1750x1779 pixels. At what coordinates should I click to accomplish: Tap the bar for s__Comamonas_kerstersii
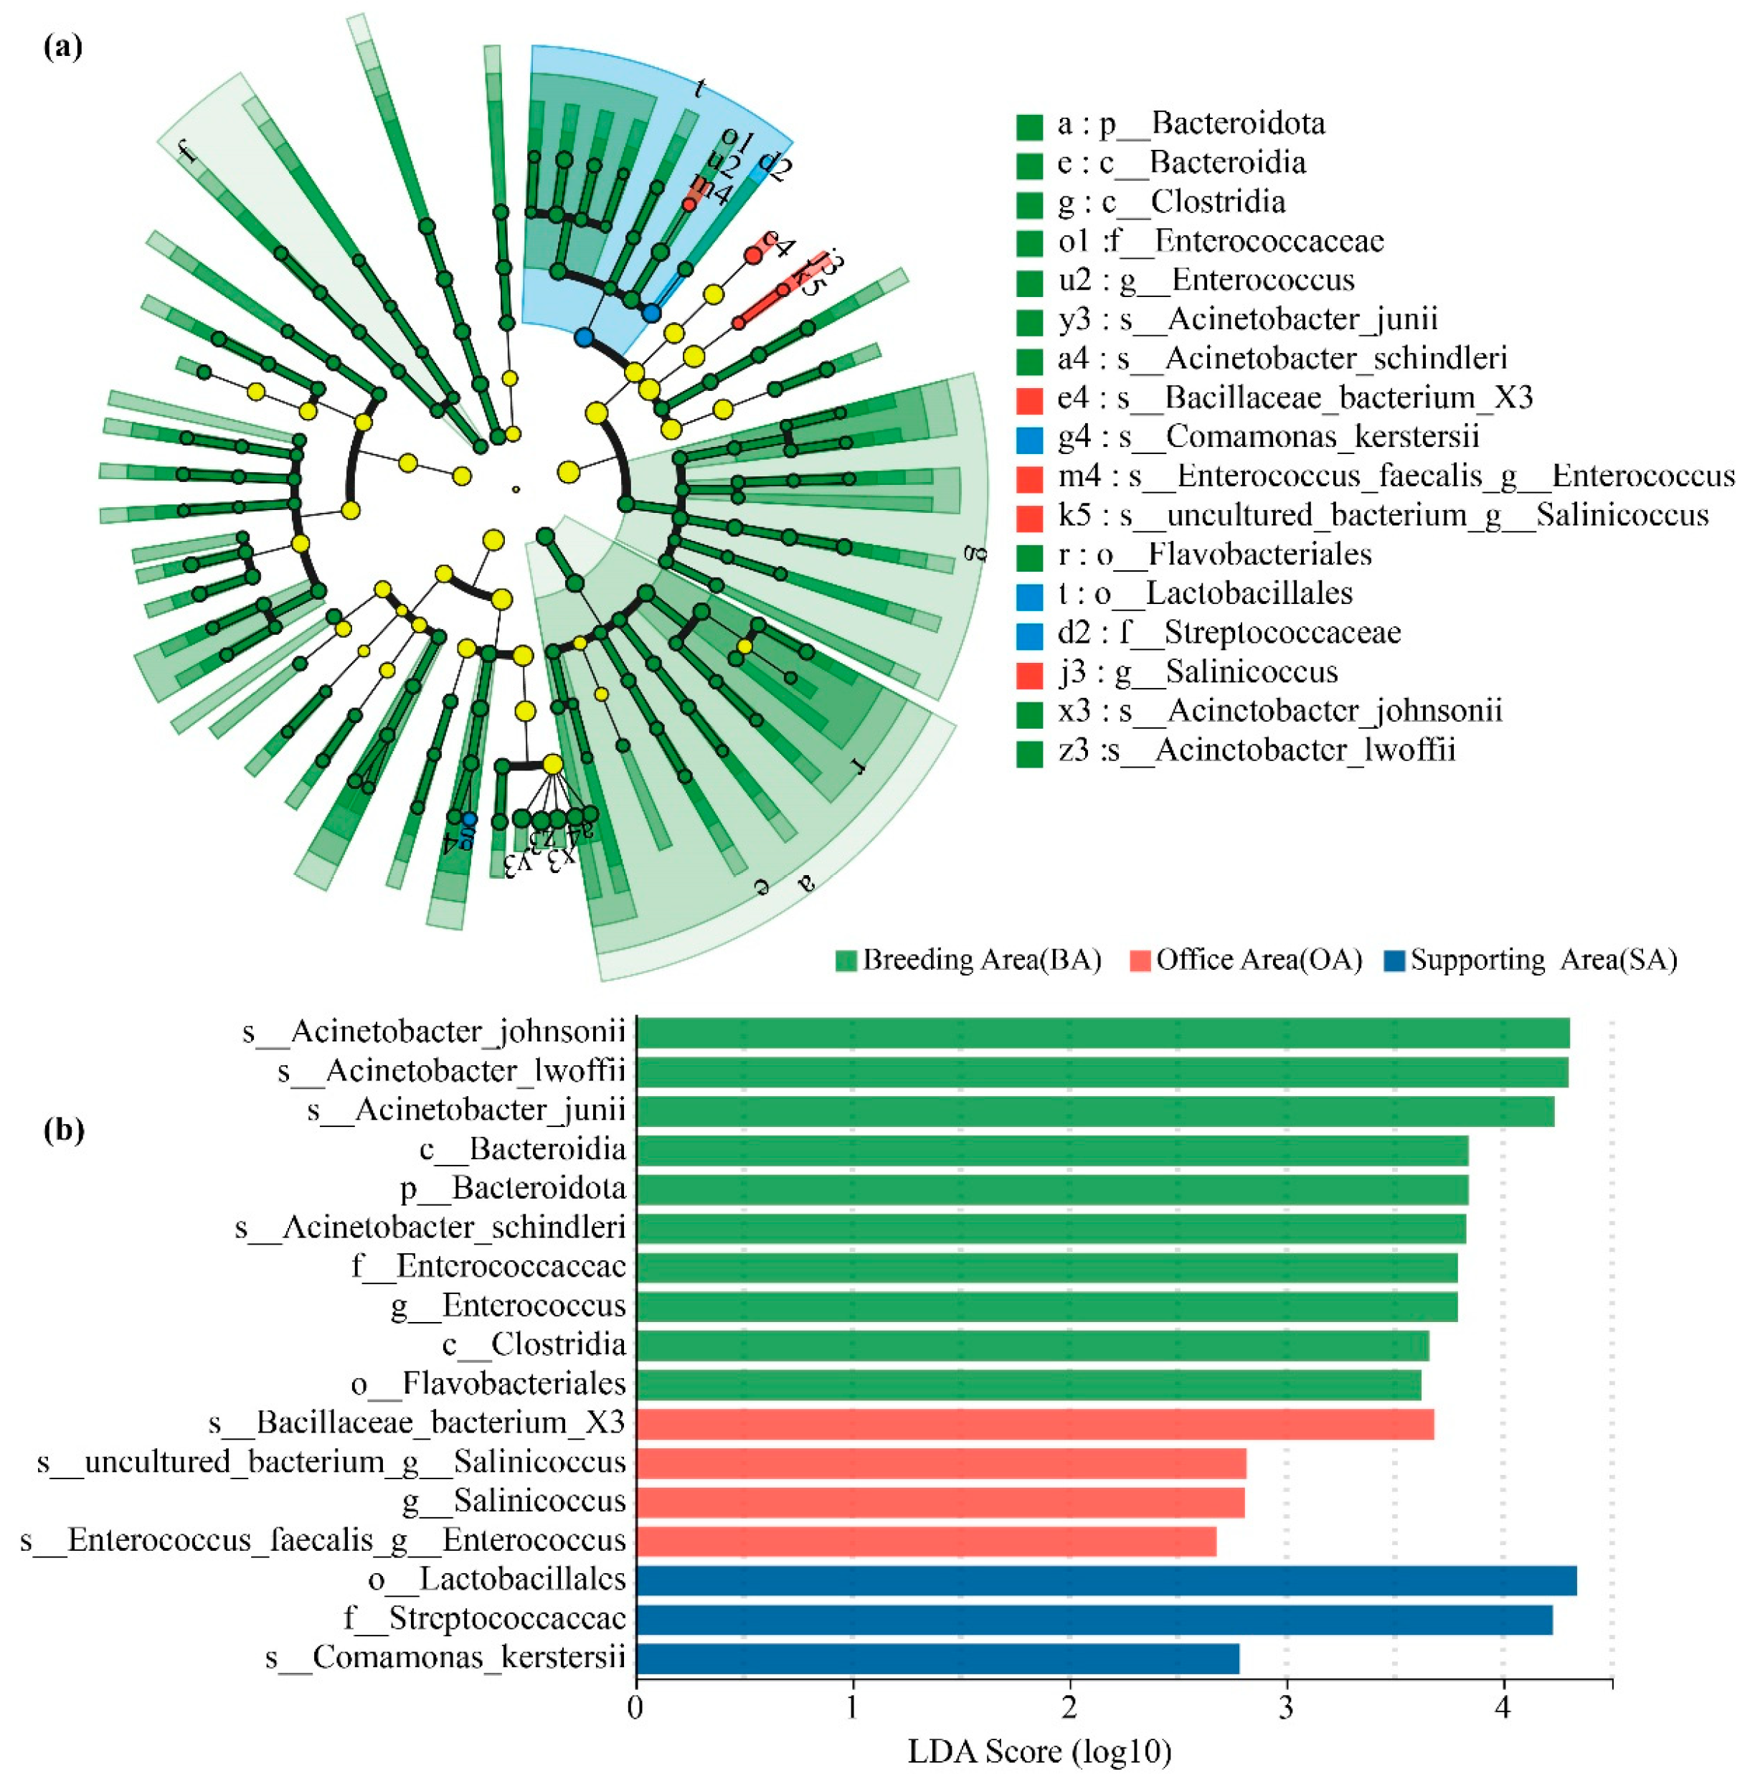point(937,1658)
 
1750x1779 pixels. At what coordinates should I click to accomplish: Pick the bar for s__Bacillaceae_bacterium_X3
point(1034,1424)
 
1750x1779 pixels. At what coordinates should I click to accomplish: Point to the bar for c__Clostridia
point(1031,1346)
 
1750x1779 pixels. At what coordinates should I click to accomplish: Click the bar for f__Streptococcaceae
point(1093,1620)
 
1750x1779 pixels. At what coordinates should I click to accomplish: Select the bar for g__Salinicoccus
point(940,1502)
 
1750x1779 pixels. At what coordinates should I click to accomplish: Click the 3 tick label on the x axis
point(1286,1708)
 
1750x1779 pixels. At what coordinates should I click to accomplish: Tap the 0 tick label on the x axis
point(636,1708)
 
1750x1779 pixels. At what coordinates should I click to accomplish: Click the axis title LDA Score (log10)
point(1039,1752)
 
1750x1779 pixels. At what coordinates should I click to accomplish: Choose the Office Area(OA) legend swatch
point(1140,961)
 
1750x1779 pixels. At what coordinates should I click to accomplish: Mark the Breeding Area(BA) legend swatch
point(845,961)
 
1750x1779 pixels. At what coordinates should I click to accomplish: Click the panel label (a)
point(62,46)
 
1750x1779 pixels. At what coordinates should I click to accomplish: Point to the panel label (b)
point(65,1130)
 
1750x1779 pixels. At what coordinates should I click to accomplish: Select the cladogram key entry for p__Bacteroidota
point(1191,123)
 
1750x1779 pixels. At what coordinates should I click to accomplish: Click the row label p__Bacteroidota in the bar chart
point(513,1189)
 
